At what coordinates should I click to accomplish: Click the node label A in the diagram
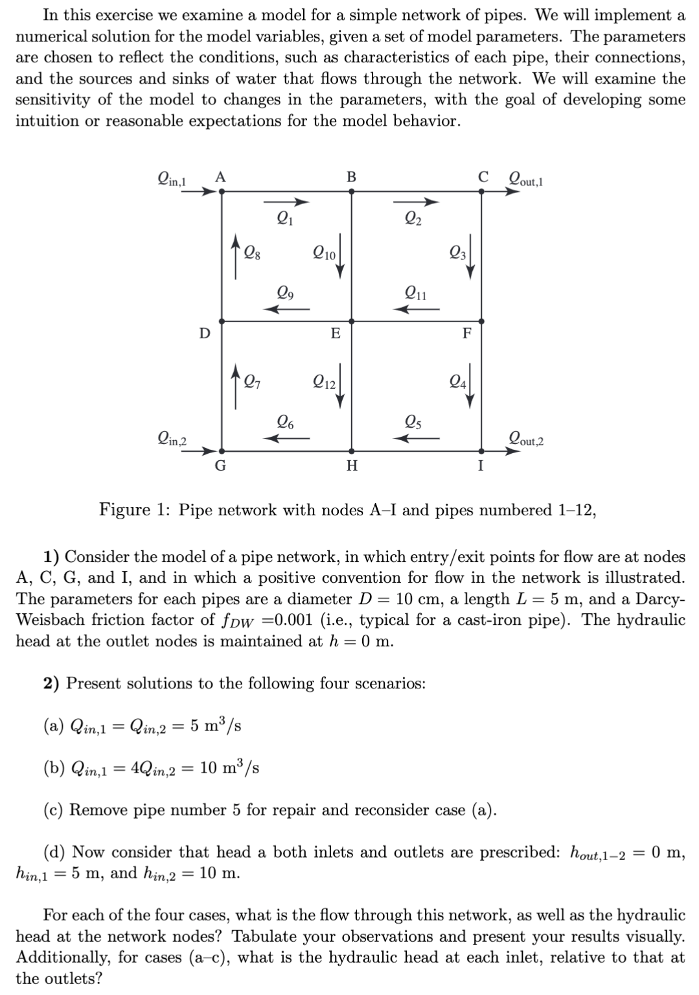point(220,176)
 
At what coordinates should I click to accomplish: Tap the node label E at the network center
point(335,334)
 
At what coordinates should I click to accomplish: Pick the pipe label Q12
point(323,382)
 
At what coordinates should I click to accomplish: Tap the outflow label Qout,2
point(526,441)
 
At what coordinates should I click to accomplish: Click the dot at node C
point(481,191)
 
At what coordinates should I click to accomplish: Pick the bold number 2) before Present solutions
point(53,683)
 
